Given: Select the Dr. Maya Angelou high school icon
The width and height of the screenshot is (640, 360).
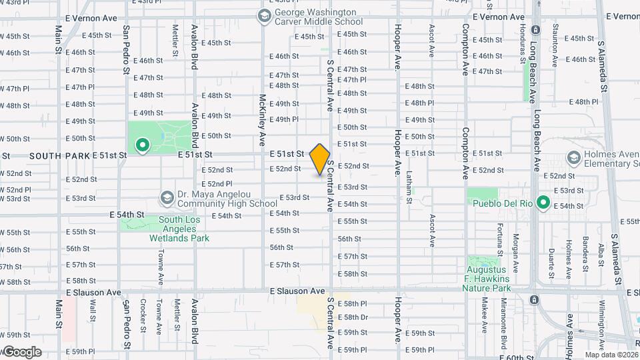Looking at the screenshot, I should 167,198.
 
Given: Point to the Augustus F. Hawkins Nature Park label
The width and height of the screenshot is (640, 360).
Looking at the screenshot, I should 487,278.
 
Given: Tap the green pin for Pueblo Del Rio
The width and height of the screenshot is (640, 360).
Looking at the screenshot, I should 543,201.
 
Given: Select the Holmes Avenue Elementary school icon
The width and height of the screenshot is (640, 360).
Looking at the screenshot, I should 573,158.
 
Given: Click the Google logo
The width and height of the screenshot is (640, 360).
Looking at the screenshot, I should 21,351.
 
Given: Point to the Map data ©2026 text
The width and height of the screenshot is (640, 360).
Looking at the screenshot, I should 611,355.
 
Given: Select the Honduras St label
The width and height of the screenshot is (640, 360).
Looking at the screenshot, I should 523,41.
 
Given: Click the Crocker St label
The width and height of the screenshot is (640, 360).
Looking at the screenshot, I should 143,316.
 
